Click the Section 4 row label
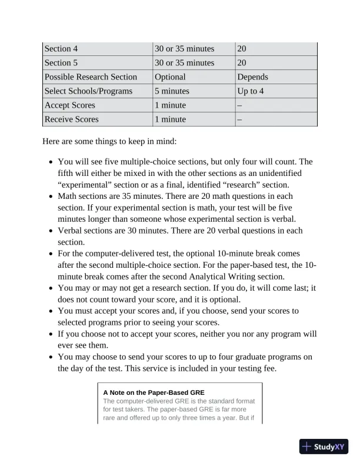pos(61,49)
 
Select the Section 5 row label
pos(61,63)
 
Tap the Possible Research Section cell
pos(91,77)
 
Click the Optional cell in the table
pos(170,77)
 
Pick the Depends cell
pos(252,77)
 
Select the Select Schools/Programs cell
pos(88,91)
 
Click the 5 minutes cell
pos(172,91)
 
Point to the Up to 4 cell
pos(251,91)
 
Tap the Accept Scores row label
pos(69,105)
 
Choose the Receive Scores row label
pos(71,119)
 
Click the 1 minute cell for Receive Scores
pos(170,119)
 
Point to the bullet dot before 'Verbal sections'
pos(52,231)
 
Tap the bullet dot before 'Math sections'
pos(52,197)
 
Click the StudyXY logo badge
pos(324,447)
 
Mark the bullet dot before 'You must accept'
pos(52,311)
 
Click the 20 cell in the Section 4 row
pos(241,49)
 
